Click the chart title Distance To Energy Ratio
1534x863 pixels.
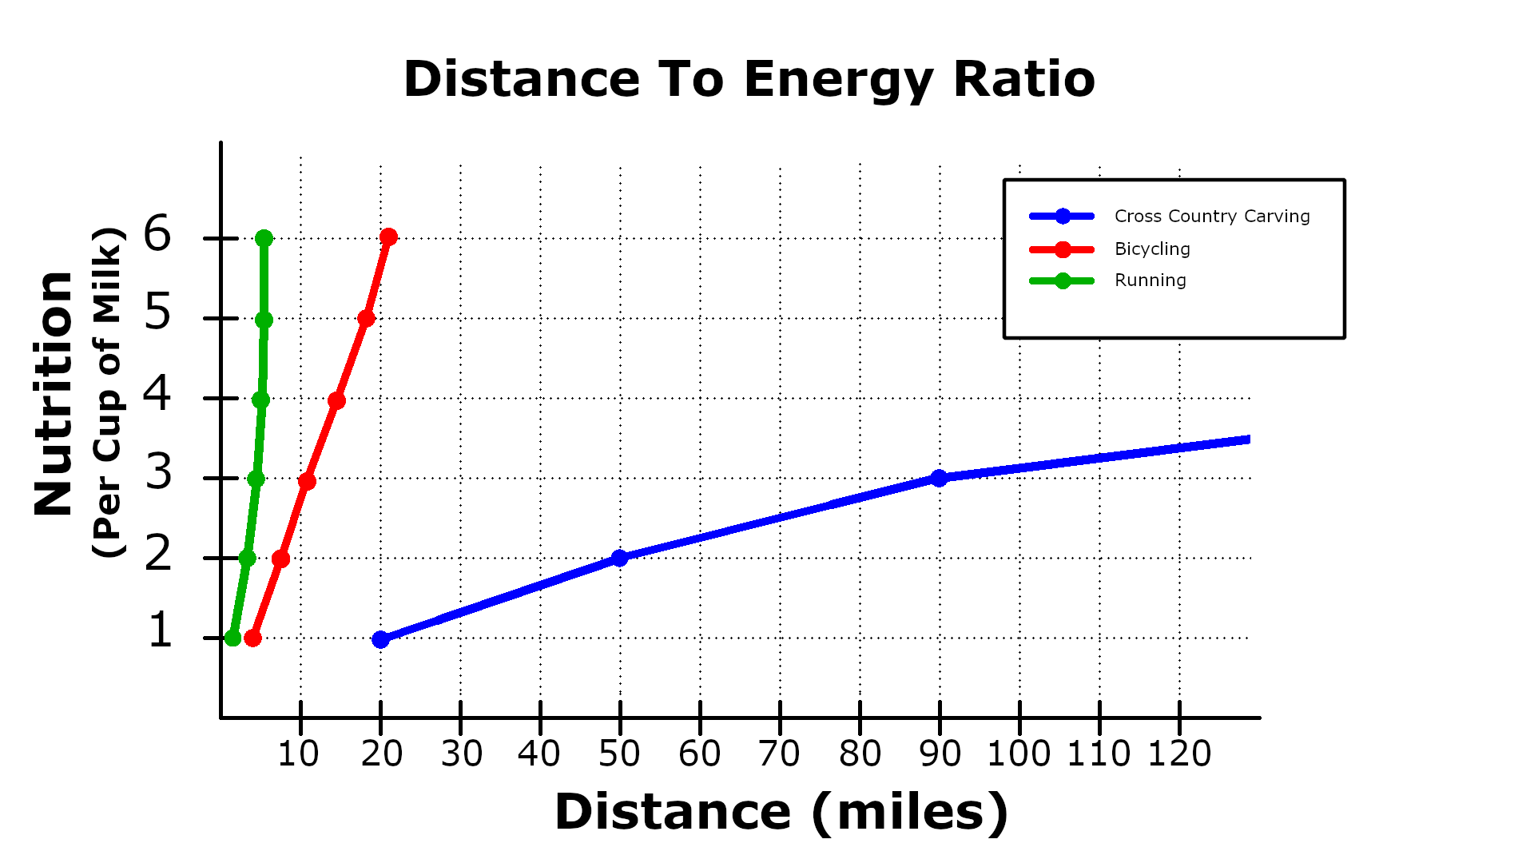pyautogui.click(x=749, y=79)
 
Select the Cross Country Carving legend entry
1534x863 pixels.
pyautogui.click(x=1211, y=216)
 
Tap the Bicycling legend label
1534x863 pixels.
pyautogui.click(x=1152, y=249)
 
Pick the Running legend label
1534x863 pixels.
pyautogui.click(x=1150, y=280)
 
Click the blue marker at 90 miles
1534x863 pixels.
pyautogui.click(x=940, y=478)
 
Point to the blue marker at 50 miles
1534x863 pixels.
pyautogui.click(x=619, y=558)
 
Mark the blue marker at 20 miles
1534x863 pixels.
pyautogui.click(x=381, y=639)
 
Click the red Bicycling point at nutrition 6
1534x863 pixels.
pyautogui.click(x=389, y=237)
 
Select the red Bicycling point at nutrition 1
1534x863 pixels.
pyautogui.click(x=252, y=638)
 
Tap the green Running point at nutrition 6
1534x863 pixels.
pyautogui.click(x=264, y=238)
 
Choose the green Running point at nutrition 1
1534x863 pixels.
pyautogui.click(x=232, y=638)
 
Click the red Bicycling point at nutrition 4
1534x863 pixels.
pyautogui.click(x=336, y=400)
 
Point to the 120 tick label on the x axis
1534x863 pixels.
pyautogui.click(x=1179, y=754)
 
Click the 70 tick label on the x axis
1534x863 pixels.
pyautogui.click(x=779, y=754)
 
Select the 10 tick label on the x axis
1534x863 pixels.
pyautogui.click(x=298, y=754)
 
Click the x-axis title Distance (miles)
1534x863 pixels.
pyautogui.click(x=781, y=813)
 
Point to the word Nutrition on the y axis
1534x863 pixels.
pyautogui.click(x=54, y=393)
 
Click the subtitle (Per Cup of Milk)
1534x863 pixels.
pyautogui.click(x=108, y=393)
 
